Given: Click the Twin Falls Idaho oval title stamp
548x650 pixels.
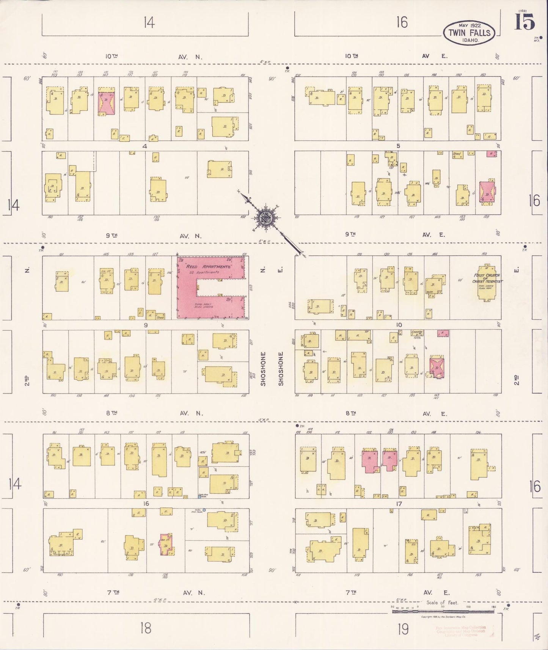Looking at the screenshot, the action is (x=469, y=32).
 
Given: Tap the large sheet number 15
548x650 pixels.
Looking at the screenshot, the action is (x=524, y=22).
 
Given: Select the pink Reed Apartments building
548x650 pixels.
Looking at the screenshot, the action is (x=210, y=287).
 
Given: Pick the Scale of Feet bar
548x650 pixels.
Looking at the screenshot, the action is (x=443, y=611).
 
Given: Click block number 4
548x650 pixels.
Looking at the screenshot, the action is (x=144, y=146).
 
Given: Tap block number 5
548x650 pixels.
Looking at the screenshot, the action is (x=398, y=146).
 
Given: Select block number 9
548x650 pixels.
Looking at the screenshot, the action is (x=146, y=325).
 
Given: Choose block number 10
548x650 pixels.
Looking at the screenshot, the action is (x=399, y=325).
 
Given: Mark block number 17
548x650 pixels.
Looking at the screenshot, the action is (x=399, y=504).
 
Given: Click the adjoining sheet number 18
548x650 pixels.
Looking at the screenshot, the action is (x=146, y=628).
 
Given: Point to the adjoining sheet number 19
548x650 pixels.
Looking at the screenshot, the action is (x=403, y=630).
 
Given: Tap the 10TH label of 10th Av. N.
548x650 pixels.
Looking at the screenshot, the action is (x=111, y=56).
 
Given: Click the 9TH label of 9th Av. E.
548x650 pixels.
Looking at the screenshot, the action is (x=350, y=234).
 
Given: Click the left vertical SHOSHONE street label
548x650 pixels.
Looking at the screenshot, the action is (x=263, y=369).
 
